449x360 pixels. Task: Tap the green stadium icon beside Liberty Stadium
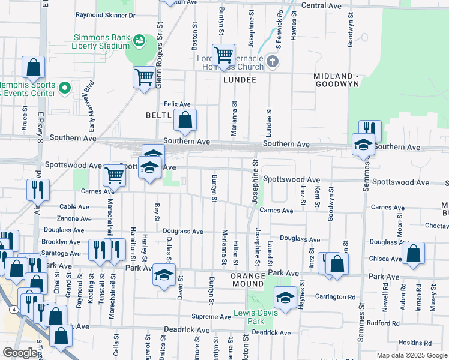click(x=139, y=40)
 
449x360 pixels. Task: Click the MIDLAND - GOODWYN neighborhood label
click(x=336, y=80)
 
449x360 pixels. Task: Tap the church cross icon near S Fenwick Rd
click(x=273, y=61)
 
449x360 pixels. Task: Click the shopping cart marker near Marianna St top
click(x=223, y=56)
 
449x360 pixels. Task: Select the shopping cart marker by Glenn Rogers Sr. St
click(x=144, y=77)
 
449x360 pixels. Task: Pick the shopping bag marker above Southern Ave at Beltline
click(x=185, y=121)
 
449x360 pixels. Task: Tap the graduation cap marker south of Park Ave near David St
click(x=164, y=275)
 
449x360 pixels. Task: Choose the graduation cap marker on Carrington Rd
click(x=285, y=298)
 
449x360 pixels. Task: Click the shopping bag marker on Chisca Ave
click(x=414, y=254)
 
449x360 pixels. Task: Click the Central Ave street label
click(x=321, y=5)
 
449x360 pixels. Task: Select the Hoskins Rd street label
click(x=419, y=343)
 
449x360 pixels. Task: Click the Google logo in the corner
click(x=20, y=353)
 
